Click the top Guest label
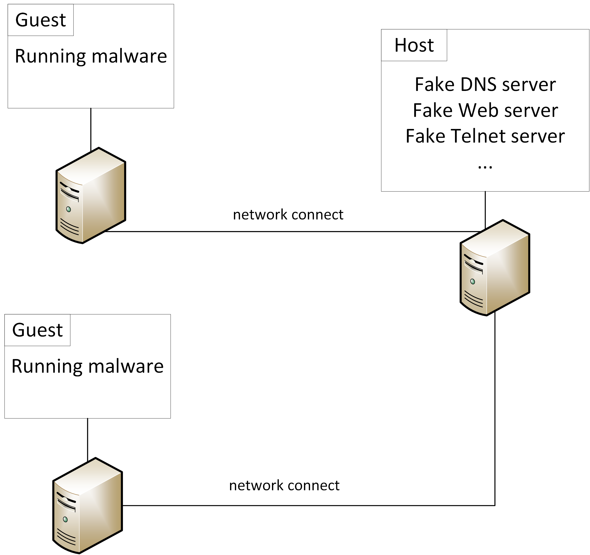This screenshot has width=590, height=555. [41, 20]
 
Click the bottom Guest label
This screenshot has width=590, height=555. [37, 330]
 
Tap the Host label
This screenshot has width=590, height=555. [414, 45]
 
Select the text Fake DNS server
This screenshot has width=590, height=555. [485, 85]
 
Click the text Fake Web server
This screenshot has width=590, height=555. [485, 110]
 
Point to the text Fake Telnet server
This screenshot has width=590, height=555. [485, 136]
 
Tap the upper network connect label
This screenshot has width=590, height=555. [288, 215]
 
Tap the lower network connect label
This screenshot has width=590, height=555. [284, 486]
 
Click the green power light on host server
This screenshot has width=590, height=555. [473, 281]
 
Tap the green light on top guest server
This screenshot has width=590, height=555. [69, 209]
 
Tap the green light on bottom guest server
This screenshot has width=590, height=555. [65, 519]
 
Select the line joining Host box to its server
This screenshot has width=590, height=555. [485, 209]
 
